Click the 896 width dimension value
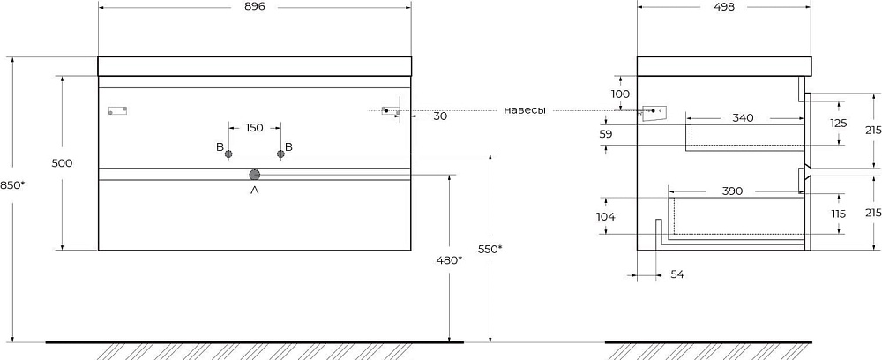pos(254,7)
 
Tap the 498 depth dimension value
pos(724,7)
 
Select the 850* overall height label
pos(12,184)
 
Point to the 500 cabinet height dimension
pos(62,163)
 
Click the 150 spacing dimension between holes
pos(254,128)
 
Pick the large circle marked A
pos(255,175)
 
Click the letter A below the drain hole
pos(254,191)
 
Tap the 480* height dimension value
pos(450,260)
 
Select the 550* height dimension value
pos(490,249)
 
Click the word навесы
pos(524,110)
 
